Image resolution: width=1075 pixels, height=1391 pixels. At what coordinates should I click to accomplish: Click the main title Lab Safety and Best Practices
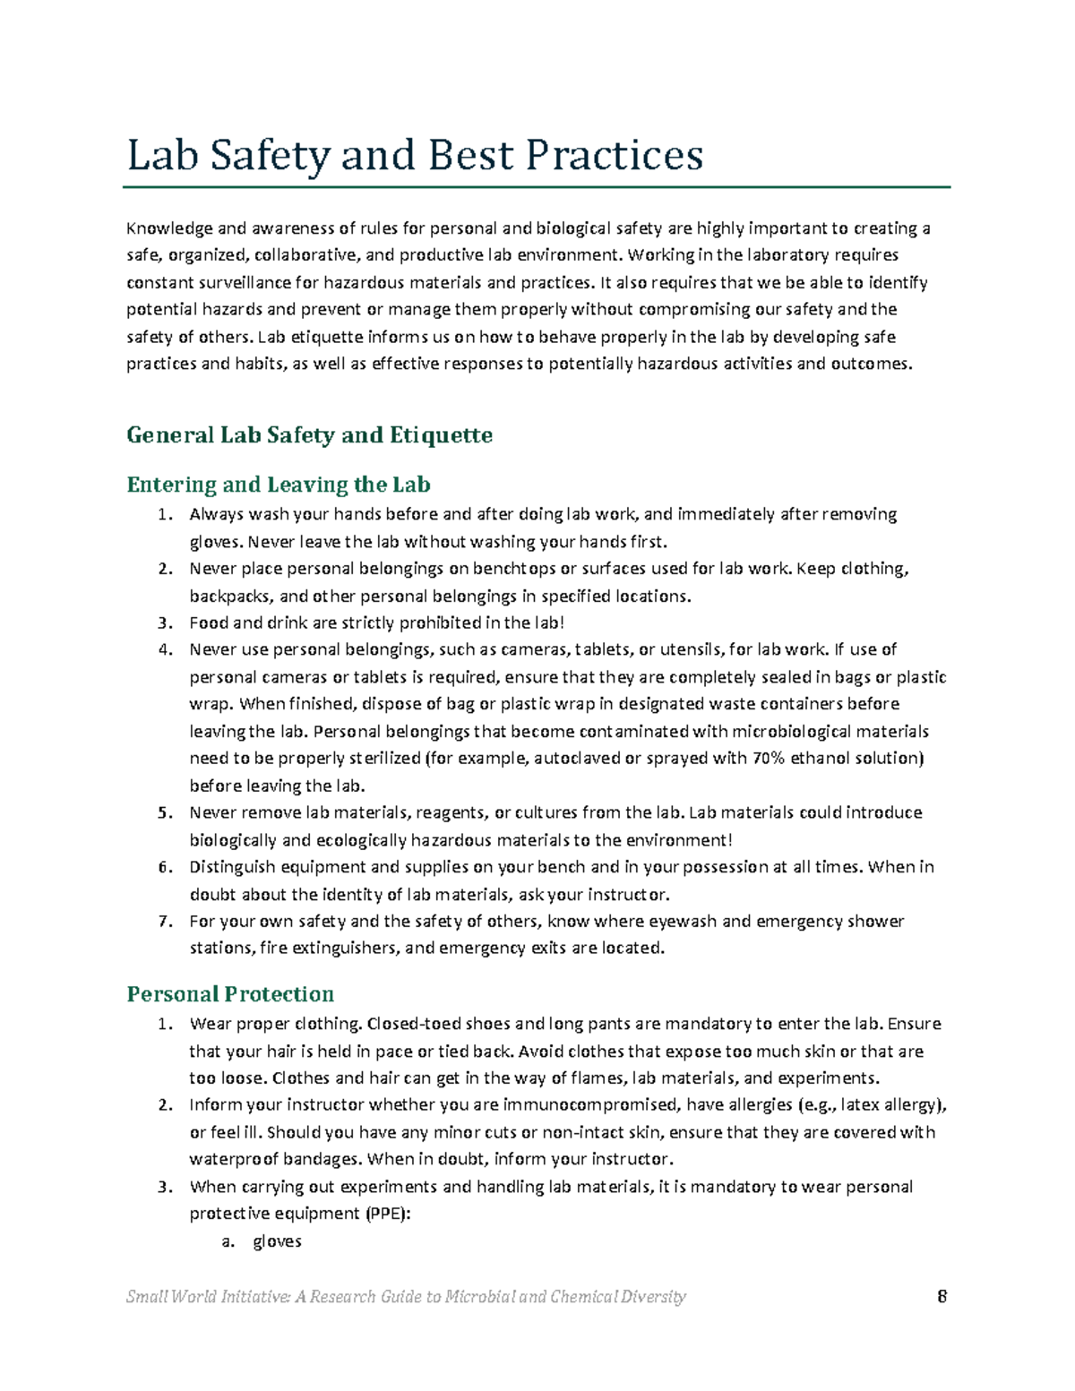point(415,155)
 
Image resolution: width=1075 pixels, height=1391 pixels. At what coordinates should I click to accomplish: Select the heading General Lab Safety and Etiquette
point(309,435)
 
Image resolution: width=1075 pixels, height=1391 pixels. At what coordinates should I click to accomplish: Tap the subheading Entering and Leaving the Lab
point(278,485)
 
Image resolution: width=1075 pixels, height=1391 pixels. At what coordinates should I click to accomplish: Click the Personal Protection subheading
point(230,994)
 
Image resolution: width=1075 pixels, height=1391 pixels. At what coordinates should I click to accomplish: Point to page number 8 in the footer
point(942,1296)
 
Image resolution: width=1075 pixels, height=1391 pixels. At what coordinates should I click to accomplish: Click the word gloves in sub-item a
point(277,1241)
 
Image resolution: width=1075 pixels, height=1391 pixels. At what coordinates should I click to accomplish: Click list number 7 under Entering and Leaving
point(164,921)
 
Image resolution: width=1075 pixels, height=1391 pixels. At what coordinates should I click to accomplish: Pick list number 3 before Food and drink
point(164,623)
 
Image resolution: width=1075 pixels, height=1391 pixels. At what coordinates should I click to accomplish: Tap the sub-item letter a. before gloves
point(228,1241)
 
